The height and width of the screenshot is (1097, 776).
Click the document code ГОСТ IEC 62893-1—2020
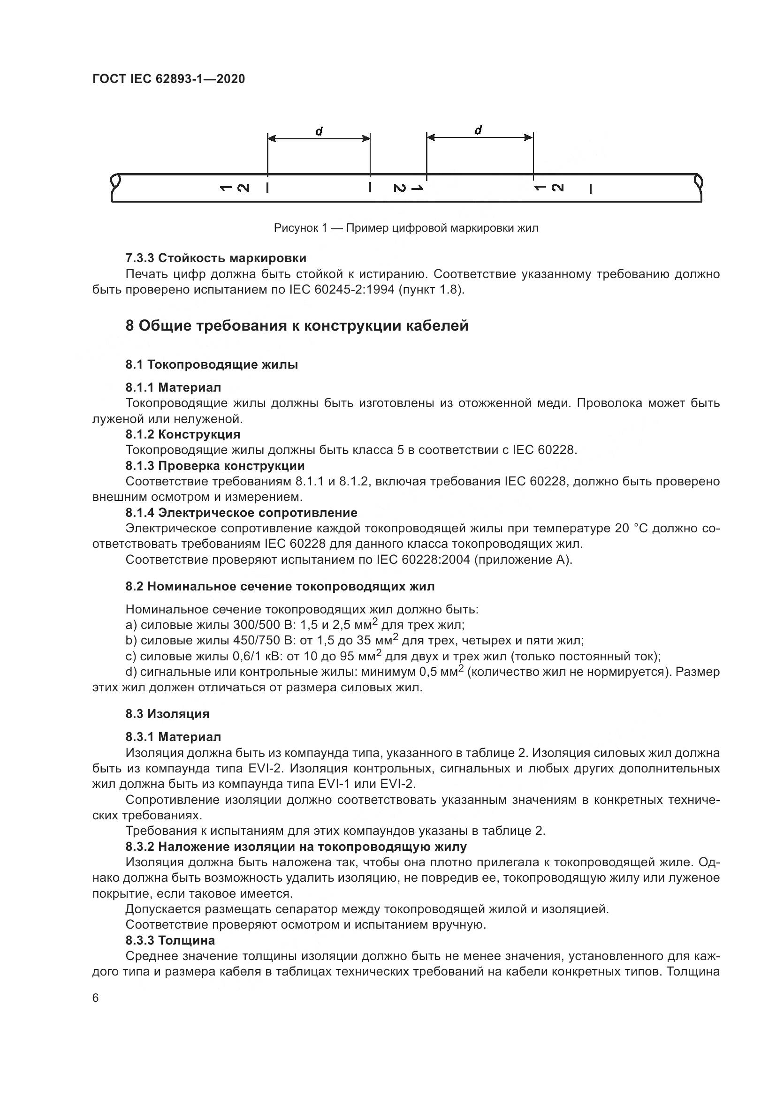168,79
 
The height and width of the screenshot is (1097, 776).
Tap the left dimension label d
319,131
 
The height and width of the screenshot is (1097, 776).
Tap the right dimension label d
478,130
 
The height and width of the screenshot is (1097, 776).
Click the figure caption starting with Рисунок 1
406,228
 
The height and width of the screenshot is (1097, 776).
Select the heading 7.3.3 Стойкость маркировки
216,258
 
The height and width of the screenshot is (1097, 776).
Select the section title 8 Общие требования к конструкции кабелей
297,326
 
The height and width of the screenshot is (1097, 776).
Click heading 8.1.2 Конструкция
183,434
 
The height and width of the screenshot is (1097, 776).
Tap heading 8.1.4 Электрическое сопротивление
241,513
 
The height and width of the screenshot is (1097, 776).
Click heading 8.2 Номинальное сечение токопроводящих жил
280,586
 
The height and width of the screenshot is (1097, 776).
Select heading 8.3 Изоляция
167,714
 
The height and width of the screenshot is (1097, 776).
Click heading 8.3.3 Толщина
170,940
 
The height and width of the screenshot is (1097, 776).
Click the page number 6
96,998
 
